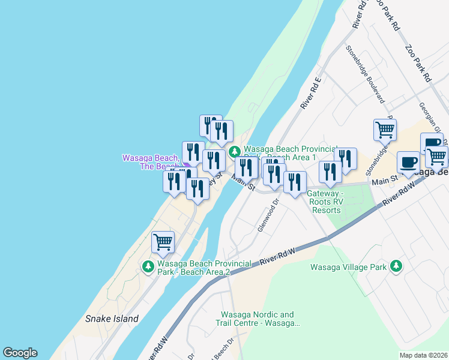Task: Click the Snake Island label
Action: tap(112, 319)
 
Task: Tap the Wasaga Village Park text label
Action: tap(348, 267)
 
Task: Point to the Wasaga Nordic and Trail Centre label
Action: tap(258, 319)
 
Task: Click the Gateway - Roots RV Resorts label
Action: tap(324, 202)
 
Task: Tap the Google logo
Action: tap(20, 353)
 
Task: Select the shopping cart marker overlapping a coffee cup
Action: tap(437, 156)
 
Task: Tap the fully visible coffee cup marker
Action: tap(408, 163)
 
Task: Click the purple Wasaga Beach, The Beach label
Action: tap(151, 162)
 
